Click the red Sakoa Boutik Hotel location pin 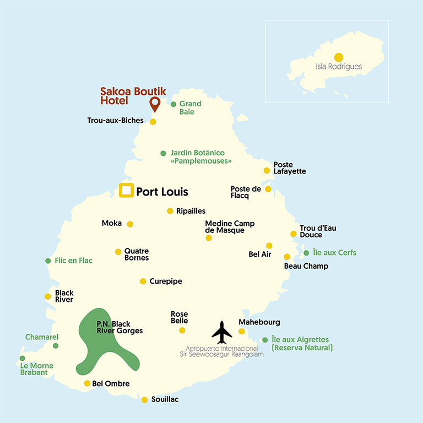pos(154,103)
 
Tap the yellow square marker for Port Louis pos(126,191)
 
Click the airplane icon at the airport pos(222,332)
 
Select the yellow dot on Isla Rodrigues pos(338,57)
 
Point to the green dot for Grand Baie pos(173,104)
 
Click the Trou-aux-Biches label pos(115,121)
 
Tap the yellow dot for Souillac pos(144,400)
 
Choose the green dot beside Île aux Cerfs pos(306,253)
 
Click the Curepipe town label pos(165,281)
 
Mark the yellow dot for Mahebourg pos(241,331)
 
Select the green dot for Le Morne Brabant pos(22,358)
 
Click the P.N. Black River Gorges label pos(120,328)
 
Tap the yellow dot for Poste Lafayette pos(267,171)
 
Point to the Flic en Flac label pos(74,261)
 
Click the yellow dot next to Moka pos(130,224)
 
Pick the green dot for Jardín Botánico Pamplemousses pos(163,153)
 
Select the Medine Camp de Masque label pos(230,227)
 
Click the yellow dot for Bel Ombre pos(87,383)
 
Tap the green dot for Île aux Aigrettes pos(265,340)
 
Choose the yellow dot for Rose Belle pos(182,330)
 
